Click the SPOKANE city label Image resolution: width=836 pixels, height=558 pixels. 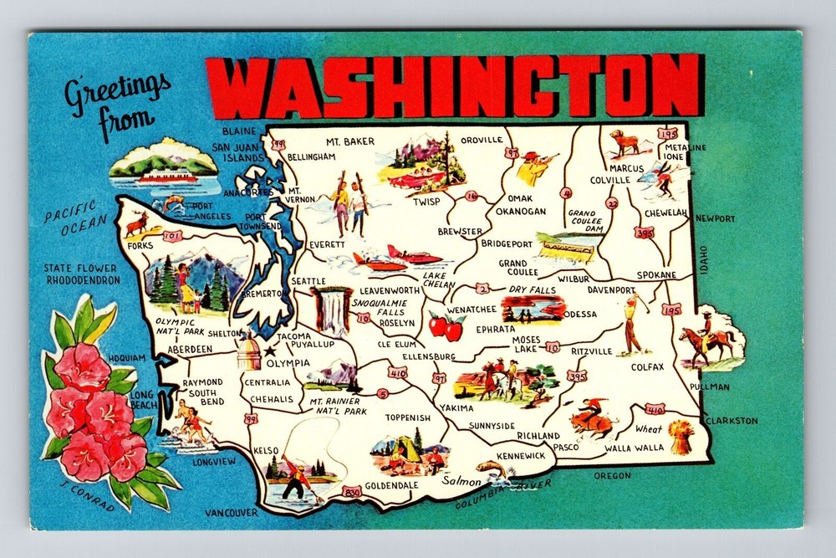pos(656,274)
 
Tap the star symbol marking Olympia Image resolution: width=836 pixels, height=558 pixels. pos(269,351)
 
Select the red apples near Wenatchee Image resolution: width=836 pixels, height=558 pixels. pos(446,326)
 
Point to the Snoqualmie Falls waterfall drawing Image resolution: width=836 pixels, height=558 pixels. pos(332,310)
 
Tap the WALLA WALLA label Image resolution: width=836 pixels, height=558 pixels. pos(635,448)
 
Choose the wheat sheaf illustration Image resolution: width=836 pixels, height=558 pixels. pos(681,438)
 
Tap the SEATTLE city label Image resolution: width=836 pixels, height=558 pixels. pos(308,280)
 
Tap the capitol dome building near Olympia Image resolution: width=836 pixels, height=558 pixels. pos(249,352)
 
